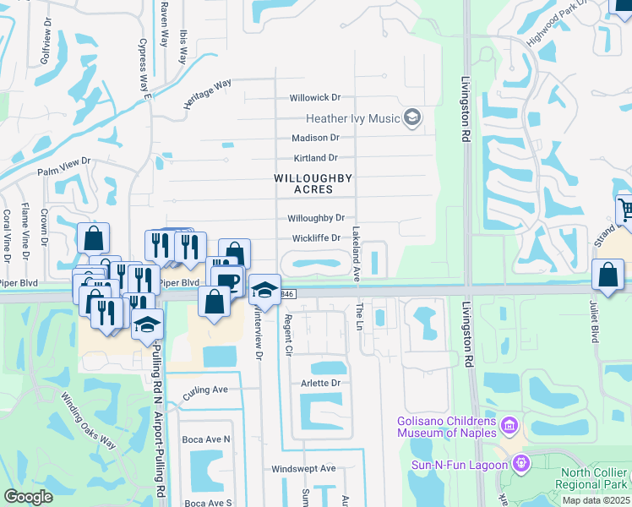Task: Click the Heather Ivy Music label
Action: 351,118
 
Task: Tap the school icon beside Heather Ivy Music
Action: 412,117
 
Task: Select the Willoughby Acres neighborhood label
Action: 312,183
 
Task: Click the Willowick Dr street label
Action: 314,98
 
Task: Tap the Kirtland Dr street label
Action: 314,158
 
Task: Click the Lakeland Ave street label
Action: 357,253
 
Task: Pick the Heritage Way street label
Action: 208,94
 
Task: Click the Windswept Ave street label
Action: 303,468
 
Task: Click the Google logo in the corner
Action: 28,497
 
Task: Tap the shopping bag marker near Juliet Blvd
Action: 607,275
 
